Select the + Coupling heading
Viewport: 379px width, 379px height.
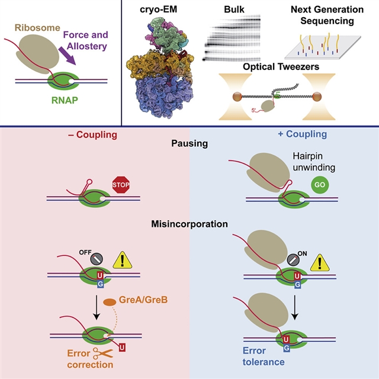[302, 134]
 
